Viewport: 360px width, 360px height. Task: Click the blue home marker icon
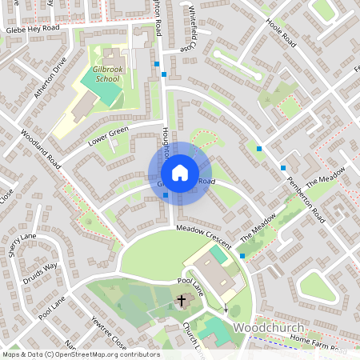coord(180,172)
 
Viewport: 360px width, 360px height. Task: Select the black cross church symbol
coord(182,301)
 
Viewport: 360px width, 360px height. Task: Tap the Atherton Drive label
coord(48,73)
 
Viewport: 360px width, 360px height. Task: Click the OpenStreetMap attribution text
coord(80,354)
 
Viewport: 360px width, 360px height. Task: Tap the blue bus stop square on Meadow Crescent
coord(242,255)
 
